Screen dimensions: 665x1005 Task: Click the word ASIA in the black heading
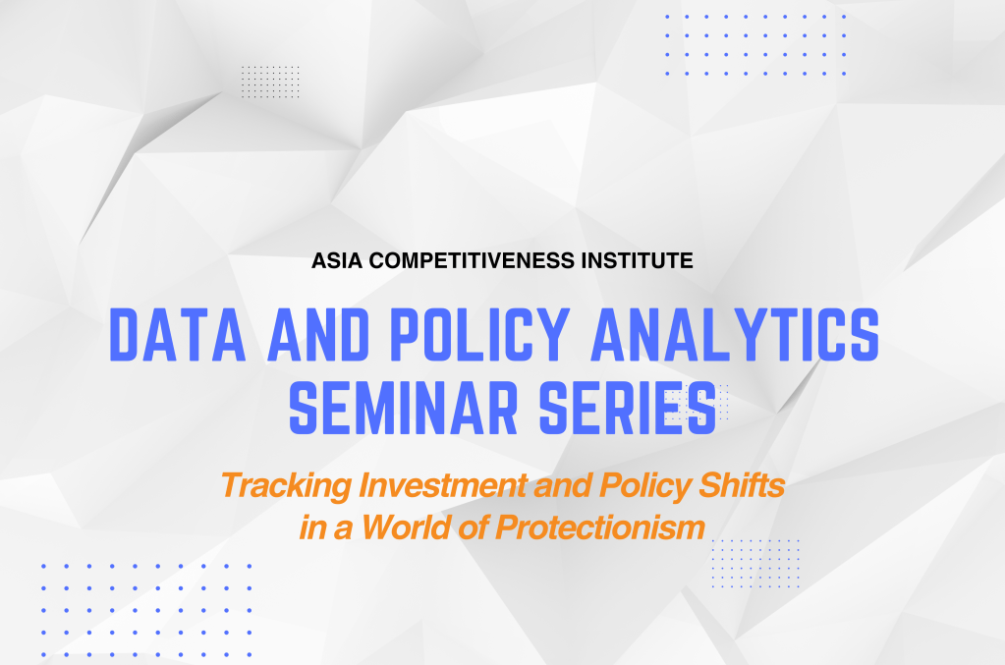(x=334, y=262)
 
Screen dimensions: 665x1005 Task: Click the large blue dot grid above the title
(x=754, y=45)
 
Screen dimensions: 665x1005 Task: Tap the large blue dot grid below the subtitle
(x=145, y=609)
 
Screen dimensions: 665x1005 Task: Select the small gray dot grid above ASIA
(x=270, y=81)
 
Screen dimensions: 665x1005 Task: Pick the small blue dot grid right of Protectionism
(x=754, y=563)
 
